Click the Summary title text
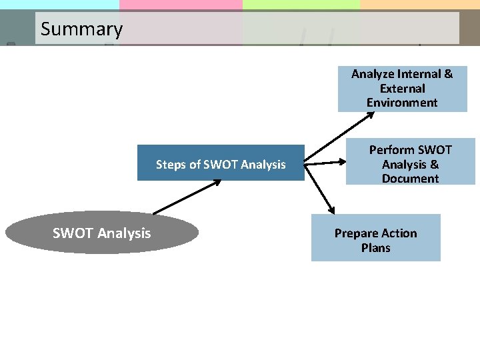(x=81, y=29)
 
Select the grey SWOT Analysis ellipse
(x=101, y=233)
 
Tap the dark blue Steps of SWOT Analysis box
(x=221, y=164)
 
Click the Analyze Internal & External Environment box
(x=402, y=88)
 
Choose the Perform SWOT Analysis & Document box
(x=410, y=164)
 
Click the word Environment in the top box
(x=402, y=103)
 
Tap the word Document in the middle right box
(x=410, y=179)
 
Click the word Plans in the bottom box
(x=376, y=248)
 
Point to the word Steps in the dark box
(x=170, y=165)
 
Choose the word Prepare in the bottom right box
(x=355, y=233)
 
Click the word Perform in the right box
(x=392, y=150)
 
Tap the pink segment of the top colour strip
(x=181, y=4)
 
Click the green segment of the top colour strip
(x=301, y=4)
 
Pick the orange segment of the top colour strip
(x=419, y=4)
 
